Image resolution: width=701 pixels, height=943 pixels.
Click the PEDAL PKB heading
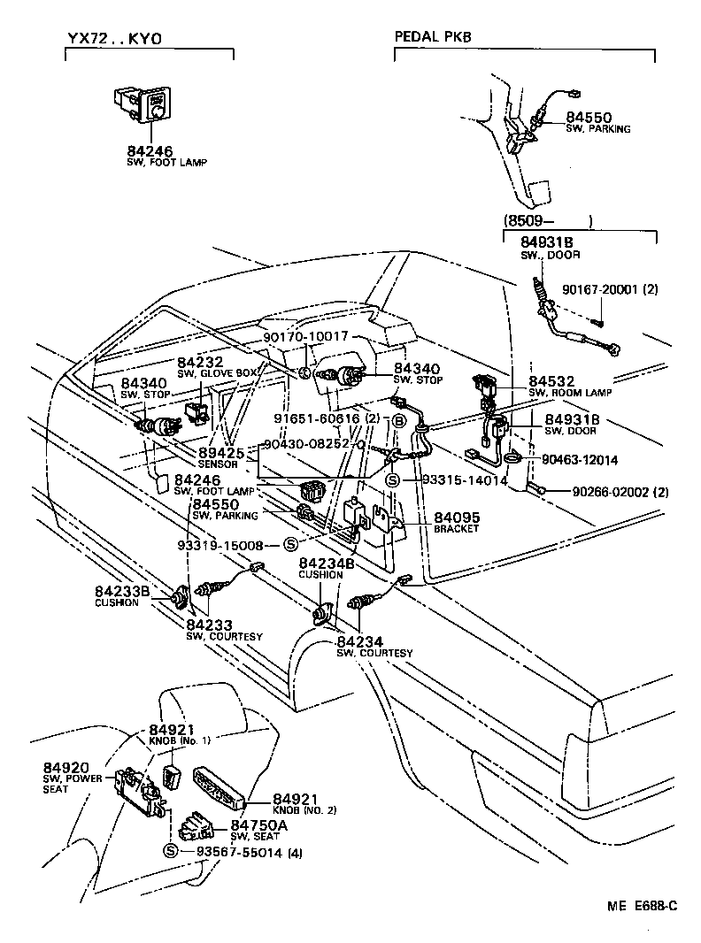(433, 37)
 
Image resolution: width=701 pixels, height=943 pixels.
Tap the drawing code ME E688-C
(642, 905)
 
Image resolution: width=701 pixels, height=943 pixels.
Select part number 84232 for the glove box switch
(201, 363)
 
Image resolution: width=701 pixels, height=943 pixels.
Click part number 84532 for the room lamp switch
(550, 380)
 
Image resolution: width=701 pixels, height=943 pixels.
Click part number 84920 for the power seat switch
(62, 766)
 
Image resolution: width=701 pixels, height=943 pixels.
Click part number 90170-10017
(306, 336)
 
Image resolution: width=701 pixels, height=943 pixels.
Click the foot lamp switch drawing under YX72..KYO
(145, 104)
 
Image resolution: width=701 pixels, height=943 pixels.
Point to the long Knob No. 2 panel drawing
(222, 786)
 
